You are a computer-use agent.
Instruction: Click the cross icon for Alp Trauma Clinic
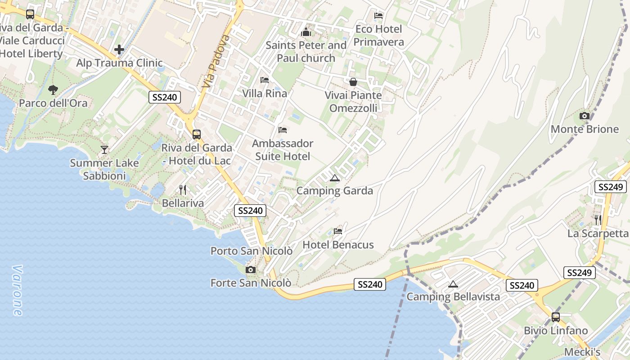(x=119, y=49)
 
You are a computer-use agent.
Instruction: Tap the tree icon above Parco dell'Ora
(x=53, y=90)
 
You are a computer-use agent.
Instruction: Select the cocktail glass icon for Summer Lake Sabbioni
(x=104, y=149)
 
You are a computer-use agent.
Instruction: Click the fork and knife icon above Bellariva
(x=182, y=189)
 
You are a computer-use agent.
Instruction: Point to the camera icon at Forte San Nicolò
(x=251, y=270)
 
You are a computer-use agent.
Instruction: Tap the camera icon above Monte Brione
(x=585, y=116)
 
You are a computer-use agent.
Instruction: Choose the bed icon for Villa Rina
(x=265, y=80)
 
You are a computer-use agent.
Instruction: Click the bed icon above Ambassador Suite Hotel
(x=283, y=130)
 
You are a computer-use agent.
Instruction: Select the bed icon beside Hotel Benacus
(x=338, y=231)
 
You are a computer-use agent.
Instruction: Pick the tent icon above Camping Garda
(x=334, y=178)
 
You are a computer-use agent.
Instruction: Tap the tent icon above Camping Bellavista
(x=453, y=284)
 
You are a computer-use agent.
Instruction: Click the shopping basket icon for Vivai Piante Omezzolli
(x=353, y=82)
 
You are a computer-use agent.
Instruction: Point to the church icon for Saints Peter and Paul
(x=306, y=32)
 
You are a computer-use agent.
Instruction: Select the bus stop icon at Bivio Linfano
(x=556, y=317)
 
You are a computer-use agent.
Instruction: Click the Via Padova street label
(x=216, y=61)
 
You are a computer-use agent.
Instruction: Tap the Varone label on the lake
(x=17, y=290)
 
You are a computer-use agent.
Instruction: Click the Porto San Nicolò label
(x=252, y=251)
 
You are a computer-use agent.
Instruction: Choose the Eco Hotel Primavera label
(x=378, y=36)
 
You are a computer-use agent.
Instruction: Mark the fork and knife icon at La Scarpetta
(x=598, y=220)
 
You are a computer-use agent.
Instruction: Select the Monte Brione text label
(x=585, y=129)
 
